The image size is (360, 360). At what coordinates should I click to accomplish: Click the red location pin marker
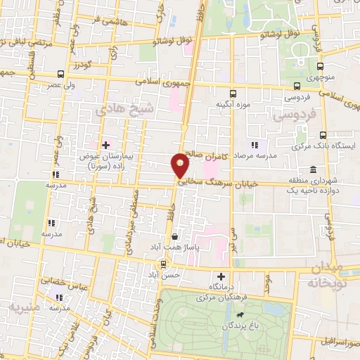coord(180,165)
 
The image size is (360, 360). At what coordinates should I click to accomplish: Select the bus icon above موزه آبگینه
coord(233,92)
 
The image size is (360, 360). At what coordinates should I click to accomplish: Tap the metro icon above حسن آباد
coord(163,264)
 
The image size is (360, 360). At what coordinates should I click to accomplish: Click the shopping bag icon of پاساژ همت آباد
coord(174,238)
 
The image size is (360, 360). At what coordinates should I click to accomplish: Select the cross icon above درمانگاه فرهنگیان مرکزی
coord(222,276)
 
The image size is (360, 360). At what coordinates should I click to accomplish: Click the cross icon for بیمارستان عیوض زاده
coord(105,146)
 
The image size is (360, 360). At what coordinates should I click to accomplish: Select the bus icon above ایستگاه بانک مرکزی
coord(323,135)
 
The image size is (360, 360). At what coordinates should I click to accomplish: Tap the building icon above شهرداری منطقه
coord(312,169)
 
